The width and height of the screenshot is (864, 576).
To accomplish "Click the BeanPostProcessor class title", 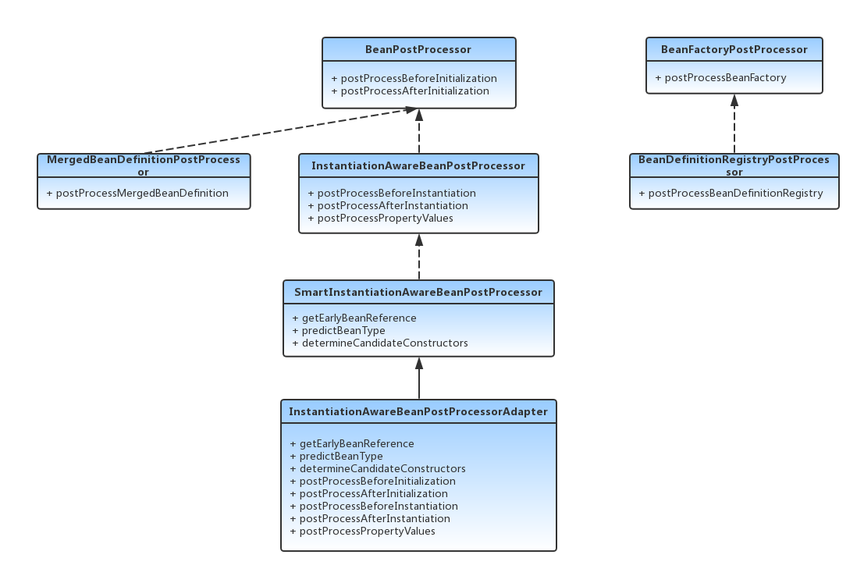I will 418,49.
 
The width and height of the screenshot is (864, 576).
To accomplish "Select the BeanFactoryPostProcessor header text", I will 734,49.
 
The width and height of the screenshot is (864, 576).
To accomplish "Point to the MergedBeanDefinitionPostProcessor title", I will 144,165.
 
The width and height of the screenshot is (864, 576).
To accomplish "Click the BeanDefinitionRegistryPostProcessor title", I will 734,165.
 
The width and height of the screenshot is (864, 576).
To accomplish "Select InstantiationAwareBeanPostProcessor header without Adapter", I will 418,165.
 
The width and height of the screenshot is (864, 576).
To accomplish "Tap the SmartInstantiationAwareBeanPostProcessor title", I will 418,292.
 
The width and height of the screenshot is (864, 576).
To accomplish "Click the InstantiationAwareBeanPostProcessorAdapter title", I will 418,411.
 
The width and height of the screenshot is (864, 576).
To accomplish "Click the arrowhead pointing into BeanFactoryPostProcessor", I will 734,100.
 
